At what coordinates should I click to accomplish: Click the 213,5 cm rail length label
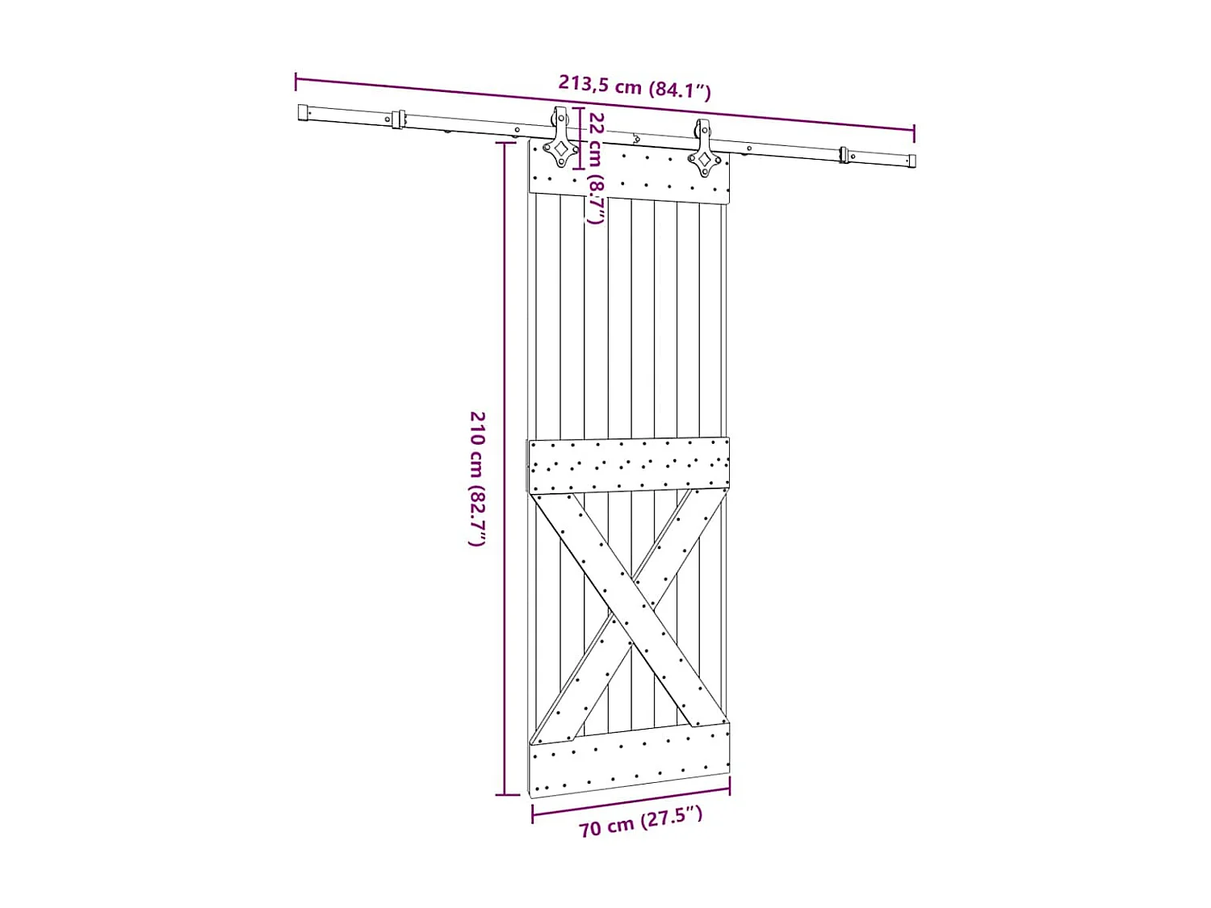(x=635, y=86)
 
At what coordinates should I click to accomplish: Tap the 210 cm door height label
(x=478, y=478)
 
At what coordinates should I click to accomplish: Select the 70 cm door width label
(x=640, y=822)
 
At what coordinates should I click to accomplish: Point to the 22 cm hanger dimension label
(x=596, y=168)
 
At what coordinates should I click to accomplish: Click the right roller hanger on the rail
(x=703, y=149)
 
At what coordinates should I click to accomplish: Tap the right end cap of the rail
(x=911, y=161)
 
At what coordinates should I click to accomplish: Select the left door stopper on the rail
(x=397, y=119)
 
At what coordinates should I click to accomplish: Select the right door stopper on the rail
(x=844, y=154)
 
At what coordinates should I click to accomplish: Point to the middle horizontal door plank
(x=629, y=465)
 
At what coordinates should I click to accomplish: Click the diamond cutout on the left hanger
(x=559, y=149)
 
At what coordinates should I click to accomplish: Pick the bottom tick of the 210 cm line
(x=506, y=795)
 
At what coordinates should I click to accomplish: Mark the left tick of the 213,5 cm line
(x=296, y=81)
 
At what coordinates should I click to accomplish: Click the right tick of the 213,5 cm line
(x=914, y=132)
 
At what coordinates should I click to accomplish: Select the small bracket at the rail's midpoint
(x=636, y=139)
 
